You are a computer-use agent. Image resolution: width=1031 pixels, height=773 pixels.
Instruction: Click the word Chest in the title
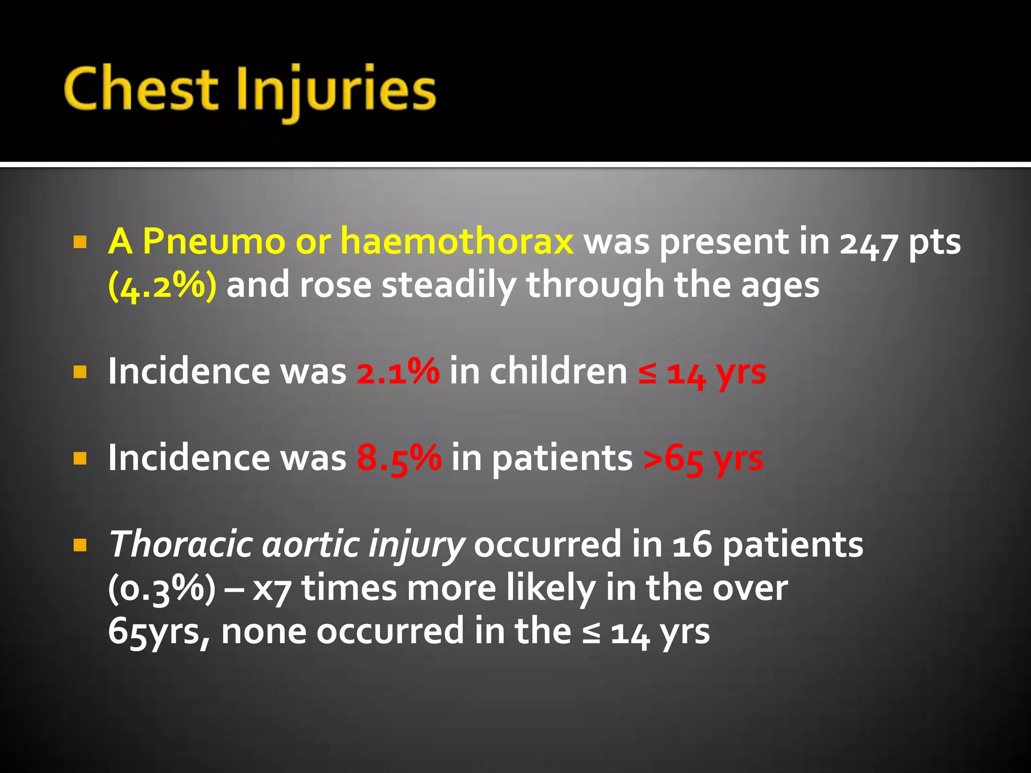[x=141, y=90]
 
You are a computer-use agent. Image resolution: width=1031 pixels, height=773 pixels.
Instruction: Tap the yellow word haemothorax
[x=457, y=242]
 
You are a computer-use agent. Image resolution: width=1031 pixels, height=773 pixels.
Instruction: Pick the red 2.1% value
[x=398, y=371]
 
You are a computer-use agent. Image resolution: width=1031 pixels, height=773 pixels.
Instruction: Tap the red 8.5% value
[x=399, y=458]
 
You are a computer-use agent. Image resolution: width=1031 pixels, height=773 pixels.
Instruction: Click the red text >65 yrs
[x=703, y=459]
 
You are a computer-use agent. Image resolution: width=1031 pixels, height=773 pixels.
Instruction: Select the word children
[x=558, y=371]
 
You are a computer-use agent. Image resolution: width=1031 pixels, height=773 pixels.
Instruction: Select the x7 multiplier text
[x=271, y=589]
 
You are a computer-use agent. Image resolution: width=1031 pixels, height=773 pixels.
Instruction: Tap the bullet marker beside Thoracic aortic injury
[x=80, y=545]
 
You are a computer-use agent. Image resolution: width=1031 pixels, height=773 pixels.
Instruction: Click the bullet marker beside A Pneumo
[x=80, y=243]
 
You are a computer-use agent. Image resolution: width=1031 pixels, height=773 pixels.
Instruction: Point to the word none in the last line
[x=263, y=631]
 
